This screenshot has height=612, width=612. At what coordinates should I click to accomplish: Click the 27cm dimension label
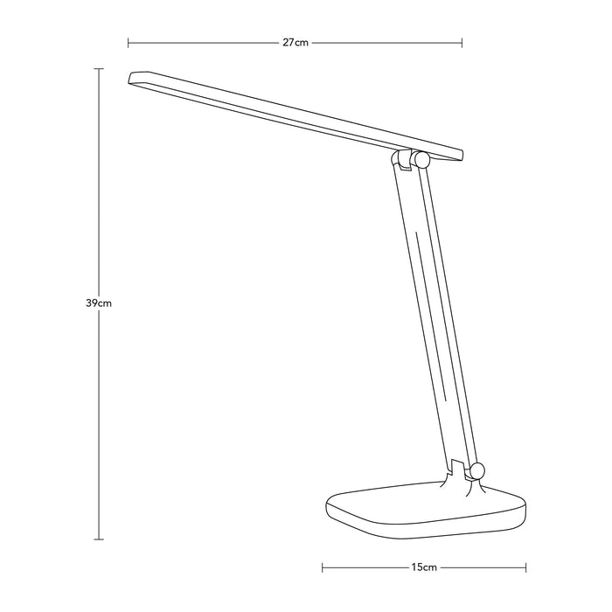click(296, 42)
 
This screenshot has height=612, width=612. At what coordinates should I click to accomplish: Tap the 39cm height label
click(98, 303)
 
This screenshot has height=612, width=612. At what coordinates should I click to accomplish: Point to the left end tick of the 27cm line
click(129, 42)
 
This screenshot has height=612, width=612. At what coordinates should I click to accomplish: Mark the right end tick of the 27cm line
click(462, 42)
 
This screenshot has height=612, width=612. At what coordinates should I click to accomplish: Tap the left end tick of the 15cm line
click(323, 567)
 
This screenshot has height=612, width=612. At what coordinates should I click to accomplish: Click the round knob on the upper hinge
click(421, 160)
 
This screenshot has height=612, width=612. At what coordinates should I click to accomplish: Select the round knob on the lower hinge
click(476, 472)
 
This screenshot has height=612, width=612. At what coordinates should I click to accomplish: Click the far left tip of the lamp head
click(130, 78)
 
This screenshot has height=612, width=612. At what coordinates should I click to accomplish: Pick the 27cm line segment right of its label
click(385, 42)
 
